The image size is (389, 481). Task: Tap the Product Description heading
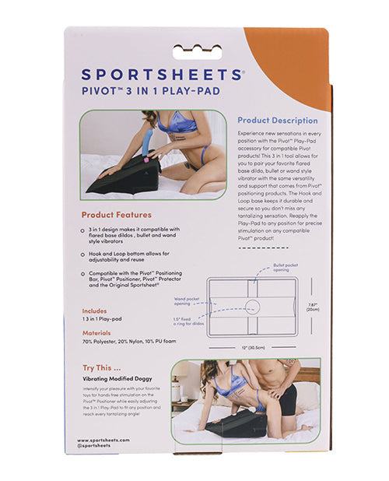click(277, 121)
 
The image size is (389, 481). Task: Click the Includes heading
click(94, 310)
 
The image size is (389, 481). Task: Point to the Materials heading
click(96, 332)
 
